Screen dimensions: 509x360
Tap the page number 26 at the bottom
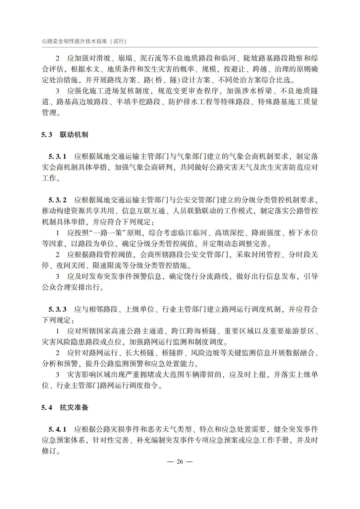[180, 462]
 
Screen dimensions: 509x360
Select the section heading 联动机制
[74, 135]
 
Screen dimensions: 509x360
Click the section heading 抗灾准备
[74, 407]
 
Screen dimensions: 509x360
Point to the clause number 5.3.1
[57, 156]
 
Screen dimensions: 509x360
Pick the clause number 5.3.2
[57, 200]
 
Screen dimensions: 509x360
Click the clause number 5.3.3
[57, 309]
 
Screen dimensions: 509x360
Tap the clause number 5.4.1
[57, 429]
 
